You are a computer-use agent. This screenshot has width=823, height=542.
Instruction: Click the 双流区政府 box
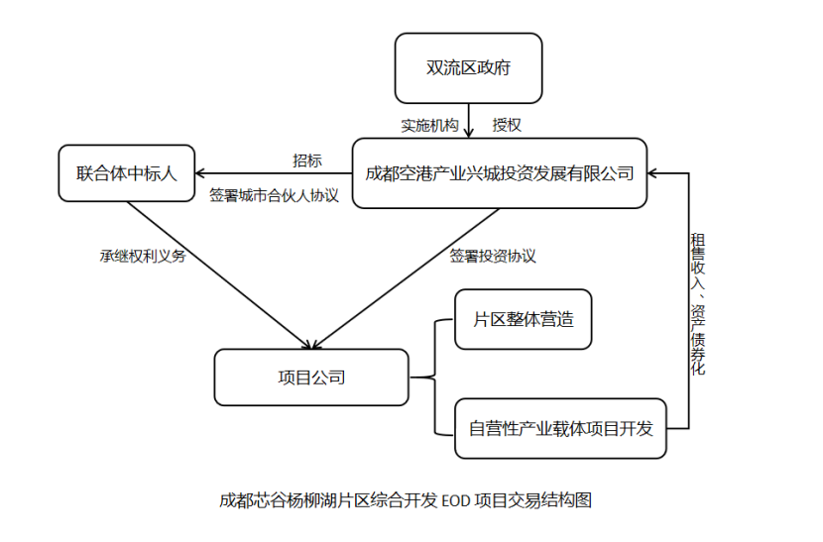tap(468, 68)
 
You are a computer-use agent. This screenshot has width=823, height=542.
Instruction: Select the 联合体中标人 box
tap(126, 174)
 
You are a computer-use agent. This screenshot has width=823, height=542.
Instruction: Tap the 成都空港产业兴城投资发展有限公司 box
tap(500, 174)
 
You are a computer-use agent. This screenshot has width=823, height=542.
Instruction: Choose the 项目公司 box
tap(310, 377)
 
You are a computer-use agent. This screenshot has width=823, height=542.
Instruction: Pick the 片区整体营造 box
tap(523, 319)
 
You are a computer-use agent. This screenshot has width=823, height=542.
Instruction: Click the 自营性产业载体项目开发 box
tap(560, 429)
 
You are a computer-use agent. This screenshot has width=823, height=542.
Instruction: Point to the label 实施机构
tap(429, 126)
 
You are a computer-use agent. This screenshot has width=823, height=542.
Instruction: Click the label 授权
tap(507, 126)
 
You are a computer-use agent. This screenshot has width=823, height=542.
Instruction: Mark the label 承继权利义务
tap(142, 255)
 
